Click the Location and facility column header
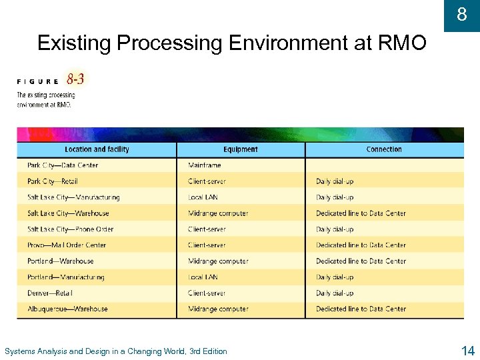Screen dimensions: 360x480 [97, 149]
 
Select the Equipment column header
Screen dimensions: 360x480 [241, 149]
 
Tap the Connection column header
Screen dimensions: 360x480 [384, 149]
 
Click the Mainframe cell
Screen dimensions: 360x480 [205, 165]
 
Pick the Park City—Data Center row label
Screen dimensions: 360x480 [63, 165]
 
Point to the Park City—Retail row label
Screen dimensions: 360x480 [53, 181]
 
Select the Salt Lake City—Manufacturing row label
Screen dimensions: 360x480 [73, 197]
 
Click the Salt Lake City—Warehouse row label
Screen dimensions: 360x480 [68, 213]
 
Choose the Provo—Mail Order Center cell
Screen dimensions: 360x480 [67, 245]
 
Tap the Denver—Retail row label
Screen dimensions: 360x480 [50, 293]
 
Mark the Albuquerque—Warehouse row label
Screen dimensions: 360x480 [67, 309]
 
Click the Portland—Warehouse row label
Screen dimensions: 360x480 [61, 261]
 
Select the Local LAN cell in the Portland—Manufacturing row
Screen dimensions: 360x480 [203, 277]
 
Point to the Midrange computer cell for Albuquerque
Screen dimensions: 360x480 [218, 309]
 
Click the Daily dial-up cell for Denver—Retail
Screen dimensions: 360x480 [335, 293]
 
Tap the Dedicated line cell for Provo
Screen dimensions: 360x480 [361, 245]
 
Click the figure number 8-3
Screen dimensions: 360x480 [75, 80]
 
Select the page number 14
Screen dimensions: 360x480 [467, 351]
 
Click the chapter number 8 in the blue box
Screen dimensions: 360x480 [462, 14]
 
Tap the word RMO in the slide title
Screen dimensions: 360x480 [401, 43]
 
